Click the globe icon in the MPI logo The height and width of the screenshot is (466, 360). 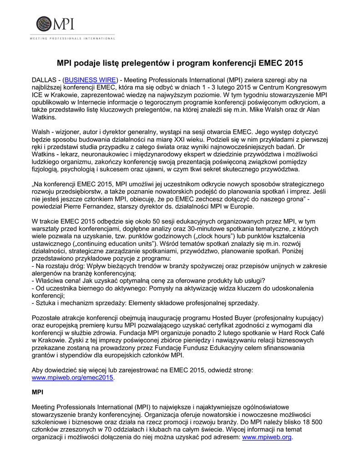[x=44, y=24]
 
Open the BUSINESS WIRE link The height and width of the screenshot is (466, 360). [x=90, y=79]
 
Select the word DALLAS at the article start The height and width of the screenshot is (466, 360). [x=44, y=79]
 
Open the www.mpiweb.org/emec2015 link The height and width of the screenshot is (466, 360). [x=72, y=377]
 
